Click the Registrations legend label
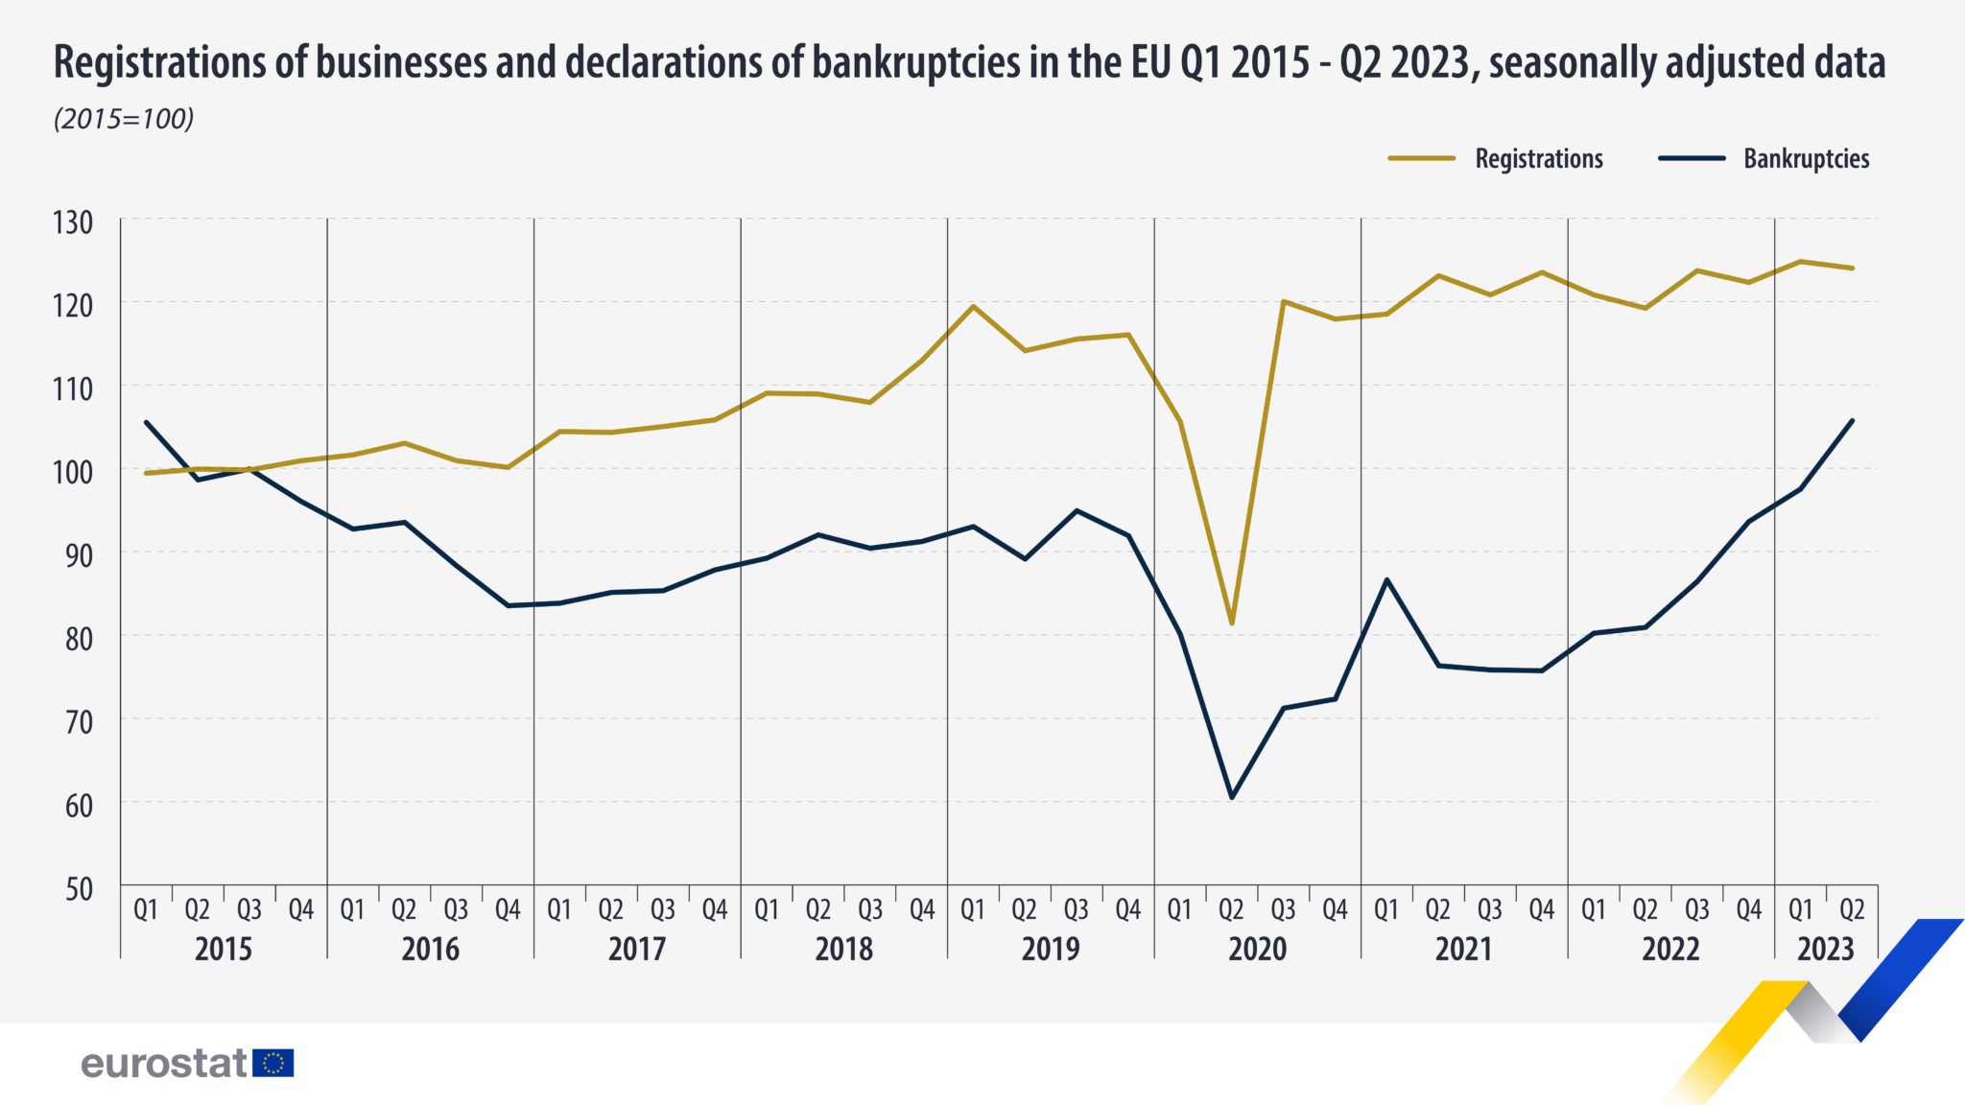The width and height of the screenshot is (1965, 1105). tap(1539, 158)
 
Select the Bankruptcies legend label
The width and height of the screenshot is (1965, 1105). tap(1807, 158)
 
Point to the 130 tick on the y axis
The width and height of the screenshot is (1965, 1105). tap(73, 223)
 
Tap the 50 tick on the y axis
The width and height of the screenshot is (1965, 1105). tap(80, 889)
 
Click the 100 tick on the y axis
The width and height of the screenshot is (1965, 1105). tap(73, 472)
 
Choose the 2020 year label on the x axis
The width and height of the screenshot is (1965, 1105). tap(1257, 949)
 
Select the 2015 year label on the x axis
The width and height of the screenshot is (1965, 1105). tap(224, 949)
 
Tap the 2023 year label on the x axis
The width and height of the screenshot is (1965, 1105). tap(1825, 949)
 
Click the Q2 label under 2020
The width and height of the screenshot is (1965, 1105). tap(1231, 909)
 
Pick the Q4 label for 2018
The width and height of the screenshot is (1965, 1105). tap(922, 909)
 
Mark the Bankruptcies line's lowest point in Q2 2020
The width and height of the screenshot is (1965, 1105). tap(1232, 797)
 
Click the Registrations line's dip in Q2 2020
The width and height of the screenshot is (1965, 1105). tap(1232, 623)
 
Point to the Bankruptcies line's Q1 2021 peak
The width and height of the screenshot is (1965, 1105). tap(1386, 579)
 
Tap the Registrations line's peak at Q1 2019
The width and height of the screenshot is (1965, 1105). tap(973, 306)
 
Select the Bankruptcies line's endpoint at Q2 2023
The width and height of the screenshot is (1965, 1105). tap(1852, 420)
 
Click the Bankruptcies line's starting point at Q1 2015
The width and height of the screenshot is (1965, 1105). tap(146, 422)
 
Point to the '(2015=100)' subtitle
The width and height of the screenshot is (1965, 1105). tap(124, 119)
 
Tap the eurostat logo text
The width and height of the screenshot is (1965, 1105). tap(164, 1063)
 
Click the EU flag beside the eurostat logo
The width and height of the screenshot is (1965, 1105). tap(273, 1063)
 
